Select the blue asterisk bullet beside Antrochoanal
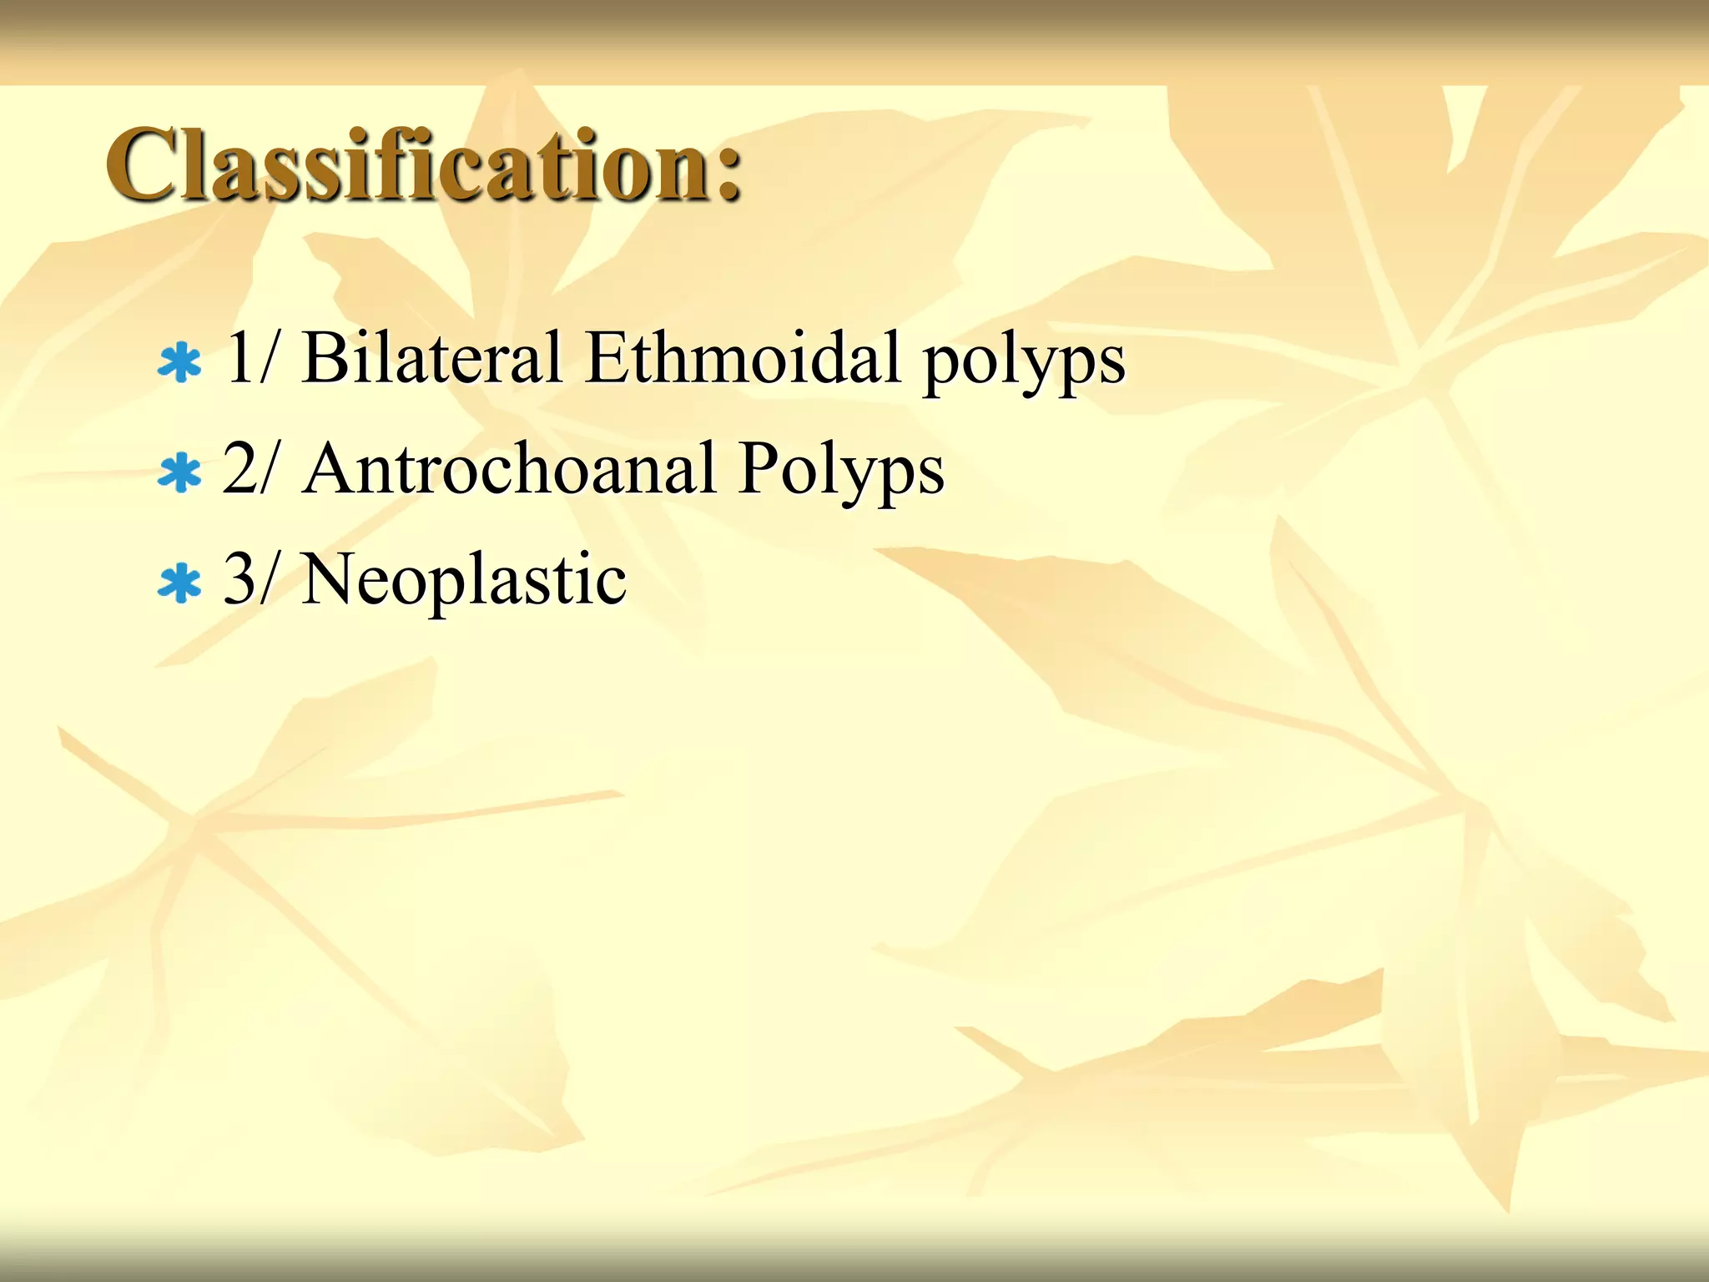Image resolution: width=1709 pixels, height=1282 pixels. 179,473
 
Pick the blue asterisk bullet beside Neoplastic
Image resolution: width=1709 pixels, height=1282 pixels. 179,583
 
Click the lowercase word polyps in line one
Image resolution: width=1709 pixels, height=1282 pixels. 1024,363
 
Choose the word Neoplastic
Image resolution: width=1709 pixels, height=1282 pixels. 464,580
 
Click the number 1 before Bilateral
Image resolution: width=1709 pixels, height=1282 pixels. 239,357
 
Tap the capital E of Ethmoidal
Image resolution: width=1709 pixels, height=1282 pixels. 608,357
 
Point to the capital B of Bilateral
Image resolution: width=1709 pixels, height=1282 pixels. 326,357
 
